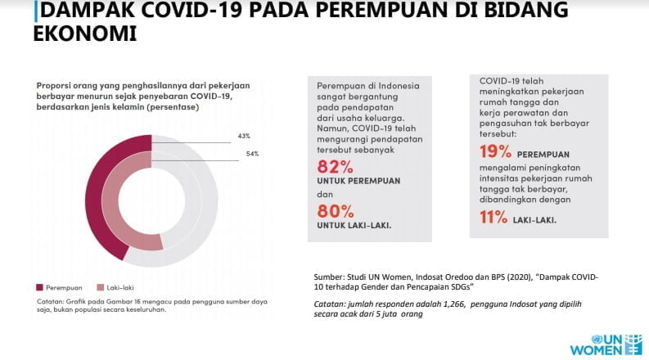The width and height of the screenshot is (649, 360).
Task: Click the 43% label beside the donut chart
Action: (x=243, y=136)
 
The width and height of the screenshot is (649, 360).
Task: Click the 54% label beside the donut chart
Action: (x=252, y=154)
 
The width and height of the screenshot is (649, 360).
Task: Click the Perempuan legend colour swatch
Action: (x=39, y=287)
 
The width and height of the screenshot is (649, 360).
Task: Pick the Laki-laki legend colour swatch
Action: (x=101, y=287)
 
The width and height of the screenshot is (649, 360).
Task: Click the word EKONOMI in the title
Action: (x=84, y=34)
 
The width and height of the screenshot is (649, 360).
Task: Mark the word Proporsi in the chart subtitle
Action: (x=52, y=85)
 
